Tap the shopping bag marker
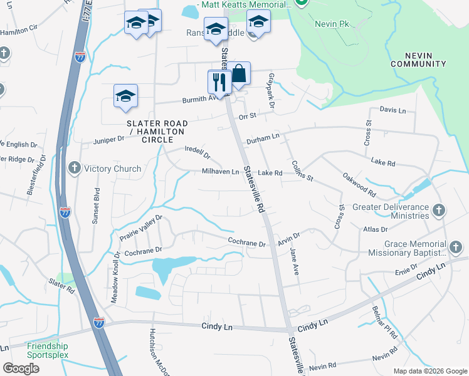coord(238,74)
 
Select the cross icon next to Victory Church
coord(74,168)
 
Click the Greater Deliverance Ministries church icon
coord(439,211)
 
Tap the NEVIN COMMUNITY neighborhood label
coord(418,60)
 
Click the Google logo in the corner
coord(21,368)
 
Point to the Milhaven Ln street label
coord(220,172)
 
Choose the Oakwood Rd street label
coord(359,185)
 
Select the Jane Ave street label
coord(295,261)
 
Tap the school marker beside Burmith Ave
coord(125,96)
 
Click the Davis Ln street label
coord(393,110)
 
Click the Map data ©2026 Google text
coord(429,371)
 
